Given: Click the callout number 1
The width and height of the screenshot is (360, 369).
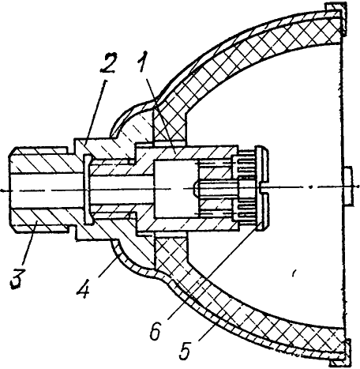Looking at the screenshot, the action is [144, 61].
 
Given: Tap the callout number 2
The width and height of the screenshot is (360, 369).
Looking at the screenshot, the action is [108, 63].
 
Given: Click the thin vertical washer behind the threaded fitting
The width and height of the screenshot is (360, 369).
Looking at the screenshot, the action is [88, 190].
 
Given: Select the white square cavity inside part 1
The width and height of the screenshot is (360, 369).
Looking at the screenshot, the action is [174, 189].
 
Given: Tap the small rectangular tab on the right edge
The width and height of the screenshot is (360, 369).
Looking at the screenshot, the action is [349, 186].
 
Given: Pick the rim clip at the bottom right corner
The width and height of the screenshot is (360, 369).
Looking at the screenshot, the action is [339, 353].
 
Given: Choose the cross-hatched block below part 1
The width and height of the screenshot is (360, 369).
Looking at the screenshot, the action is [171, 250].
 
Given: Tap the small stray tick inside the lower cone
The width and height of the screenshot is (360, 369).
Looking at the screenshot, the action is [294, 273].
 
